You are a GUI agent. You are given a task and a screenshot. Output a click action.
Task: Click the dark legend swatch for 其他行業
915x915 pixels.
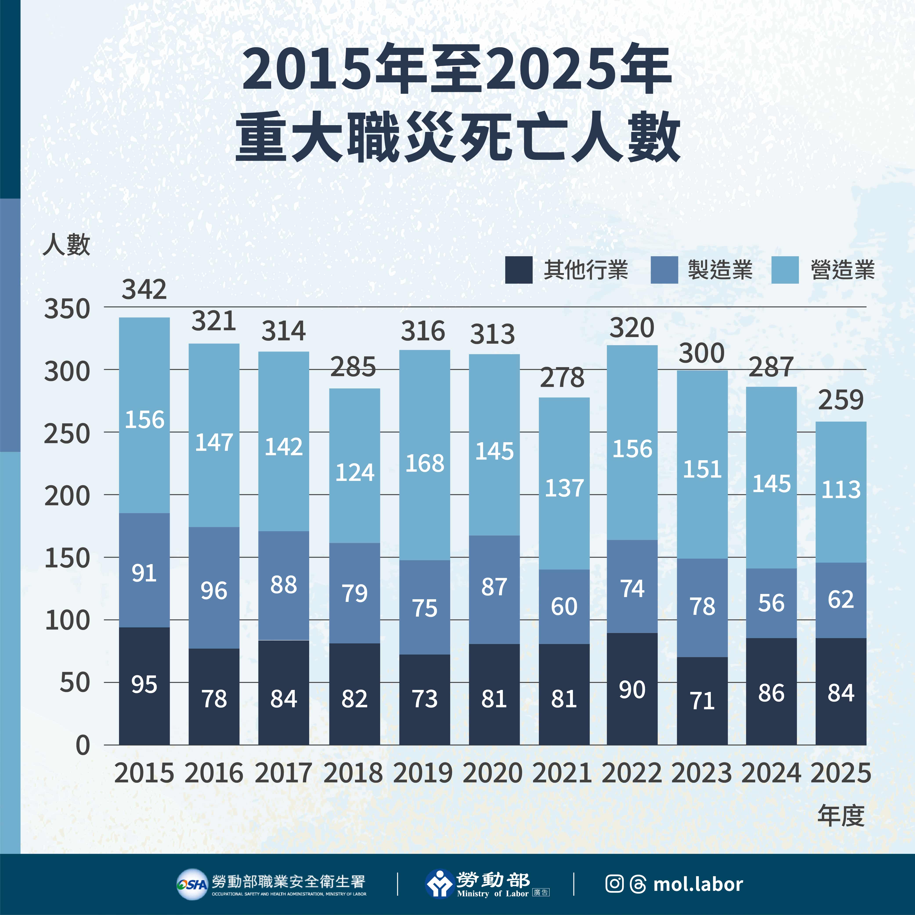(x=519, y=270)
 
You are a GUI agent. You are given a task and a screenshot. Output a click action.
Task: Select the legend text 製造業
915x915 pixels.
(x=720, y=270)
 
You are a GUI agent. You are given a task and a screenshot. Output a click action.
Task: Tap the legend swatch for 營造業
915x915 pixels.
(x=785, y=270)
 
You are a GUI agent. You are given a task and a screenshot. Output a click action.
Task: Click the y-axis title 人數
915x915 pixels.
(x=66, y=245)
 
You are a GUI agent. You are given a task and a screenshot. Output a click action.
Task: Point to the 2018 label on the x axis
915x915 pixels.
(x=353, y=773)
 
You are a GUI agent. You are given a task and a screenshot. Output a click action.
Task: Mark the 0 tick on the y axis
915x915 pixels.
(x=83, y=746)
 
